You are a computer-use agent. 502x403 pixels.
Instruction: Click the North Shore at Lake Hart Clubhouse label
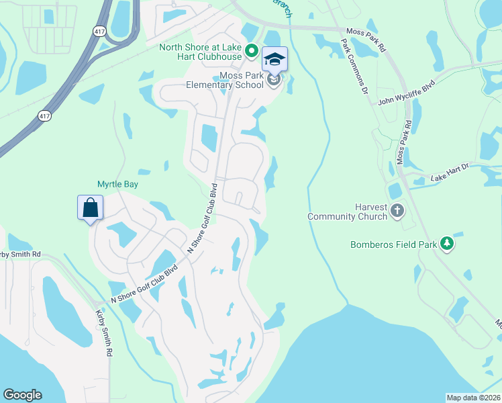pos(200,51)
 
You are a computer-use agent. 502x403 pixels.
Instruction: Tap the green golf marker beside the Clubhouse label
pos(251,50)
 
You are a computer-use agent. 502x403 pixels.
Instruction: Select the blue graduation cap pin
pos(274,59)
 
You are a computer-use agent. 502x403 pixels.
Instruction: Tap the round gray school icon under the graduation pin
pos(273,81)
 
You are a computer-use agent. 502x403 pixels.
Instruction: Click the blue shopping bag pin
pos(91,208)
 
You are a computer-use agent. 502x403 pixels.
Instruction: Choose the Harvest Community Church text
pos(348,212)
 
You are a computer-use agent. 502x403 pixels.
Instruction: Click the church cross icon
pos(397,212)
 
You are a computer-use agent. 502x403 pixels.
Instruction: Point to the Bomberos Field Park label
pos(393,244)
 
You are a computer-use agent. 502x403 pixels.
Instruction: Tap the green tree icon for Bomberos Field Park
pos(446,243)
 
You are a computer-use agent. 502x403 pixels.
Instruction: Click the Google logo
pos(22,395)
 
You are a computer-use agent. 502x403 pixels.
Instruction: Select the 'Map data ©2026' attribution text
pos(474,398)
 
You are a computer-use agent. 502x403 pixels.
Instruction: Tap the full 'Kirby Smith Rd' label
pos(103,332)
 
